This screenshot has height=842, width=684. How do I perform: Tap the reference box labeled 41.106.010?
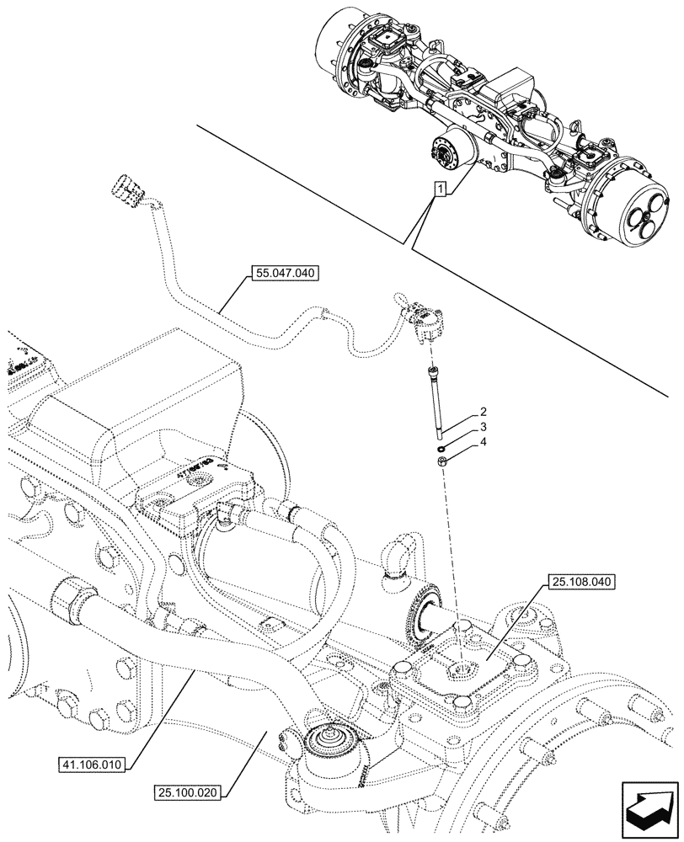(93, 765)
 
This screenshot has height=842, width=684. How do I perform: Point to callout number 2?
(484, 412)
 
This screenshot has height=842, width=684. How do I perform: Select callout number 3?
(484, 428)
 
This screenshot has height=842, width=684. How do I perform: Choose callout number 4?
(484, 442)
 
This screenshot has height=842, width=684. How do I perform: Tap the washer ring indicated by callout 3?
(441, 447)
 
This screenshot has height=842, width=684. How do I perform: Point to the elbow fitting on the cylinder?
(393, 563)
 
